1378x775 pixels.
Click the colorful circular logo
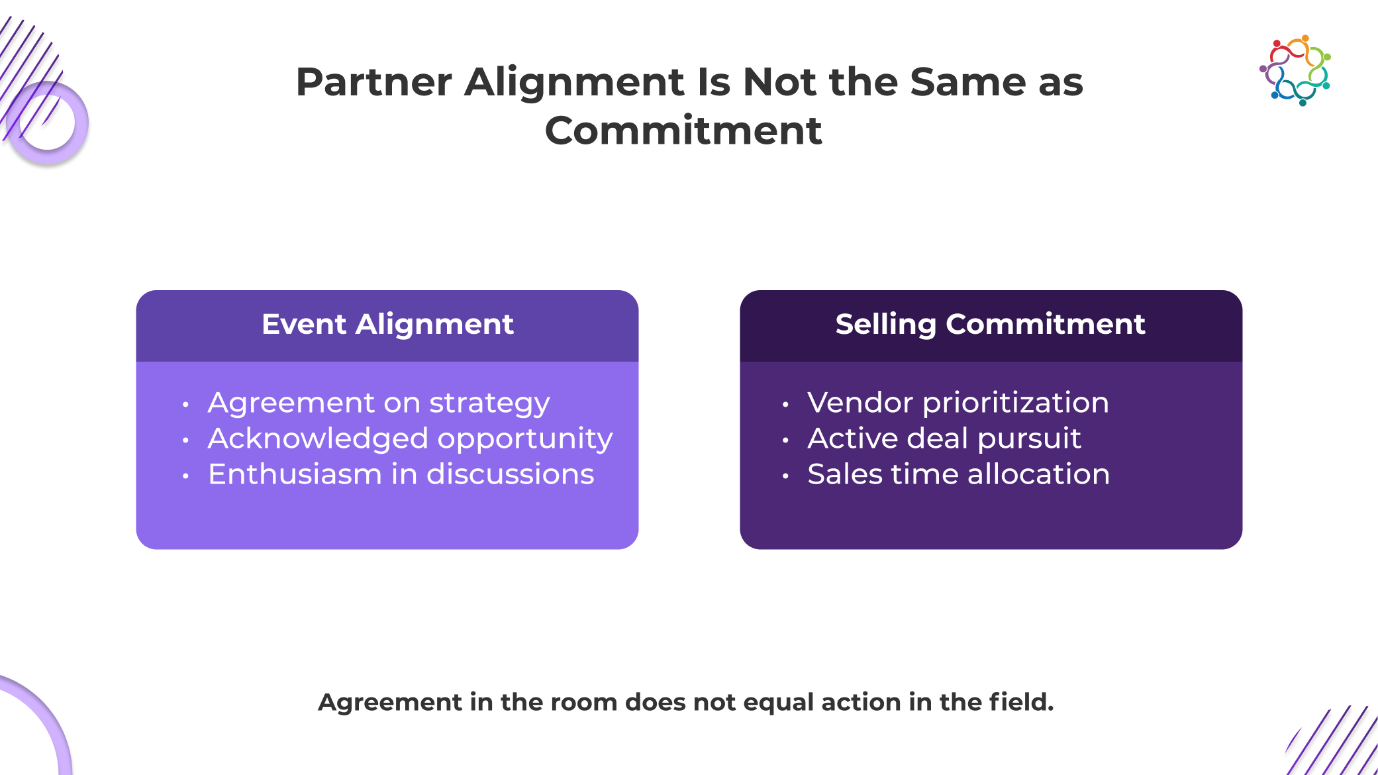1295,70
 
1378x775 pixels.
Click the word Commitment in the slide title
683,130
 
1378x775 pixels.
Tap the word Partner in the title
374,82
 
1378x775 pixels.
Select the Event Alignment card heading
387,325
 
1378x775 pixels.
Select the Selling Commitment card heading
991,325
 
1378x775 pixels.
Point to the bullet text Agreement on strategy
379,403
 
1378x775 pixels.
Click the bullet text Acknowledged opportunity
411,439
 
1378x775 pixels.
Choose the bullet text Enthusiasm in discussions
401,474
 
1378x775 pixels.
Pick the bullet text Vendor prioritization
958,403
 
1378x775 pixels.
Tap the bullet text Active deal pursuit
944,439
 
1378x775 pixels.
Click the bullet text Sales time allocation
959,474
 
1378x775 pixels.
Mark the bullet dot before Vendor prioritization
785,404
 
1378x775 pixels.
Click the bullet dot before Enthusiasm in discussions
186,476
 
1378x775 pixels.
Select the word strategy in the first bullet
489,404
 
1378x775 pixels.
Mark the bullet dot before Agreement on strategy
186,404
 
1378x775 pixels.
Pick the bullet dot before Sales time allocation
785,476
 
